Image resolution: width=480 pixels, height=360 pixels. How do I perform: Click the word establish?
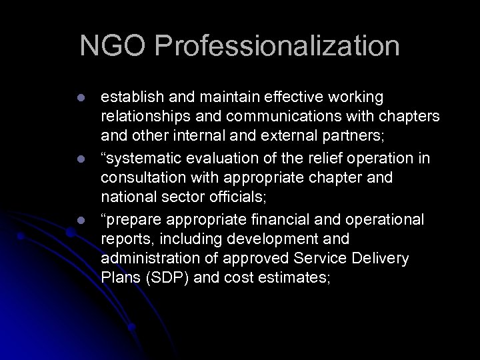129,98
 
